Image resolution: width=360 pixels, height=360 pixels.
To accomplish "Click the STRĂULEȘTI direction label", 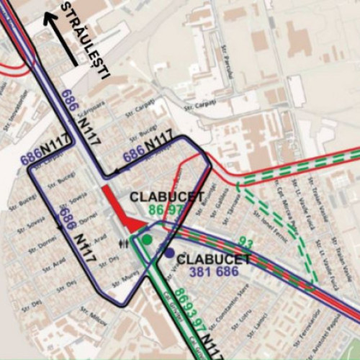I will [86, 40].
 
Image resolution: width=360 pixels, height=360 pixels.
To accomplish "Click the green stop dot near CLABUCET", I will [147, 239].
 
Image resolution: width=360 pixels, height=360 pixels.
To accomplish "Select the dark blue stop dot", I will [168, 253].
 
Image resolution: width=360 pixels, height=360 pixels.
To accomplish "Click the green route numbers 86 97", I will [167, 210].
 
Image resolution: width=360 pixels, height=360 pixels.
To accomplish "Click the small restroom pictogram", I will [130, 243].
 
